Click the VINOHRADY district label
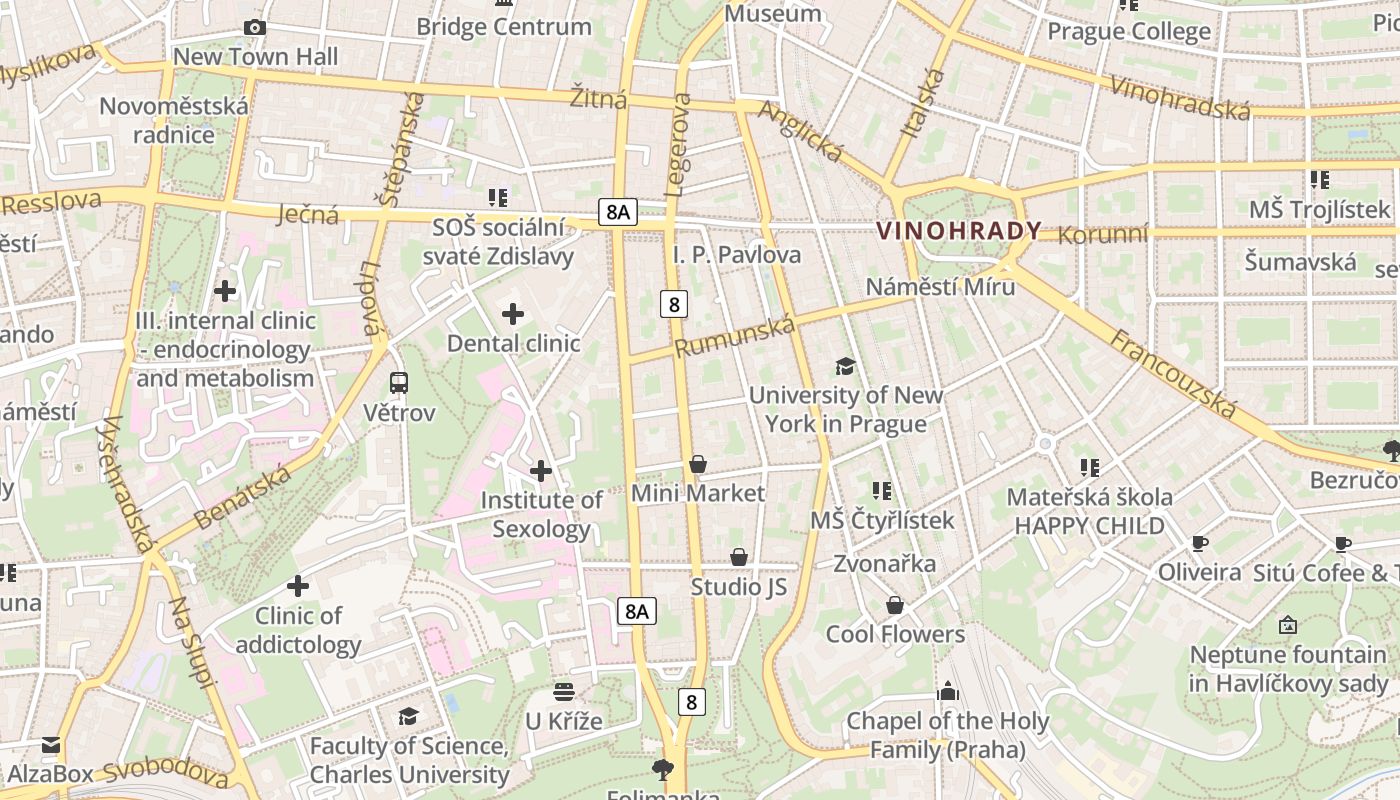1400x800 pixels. (958, 231)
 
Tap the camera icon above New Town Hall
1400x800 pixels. (255, 27)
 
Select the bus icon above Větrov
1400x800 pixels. (398, 382)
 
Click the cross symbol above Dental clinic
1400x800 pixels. (512, 314)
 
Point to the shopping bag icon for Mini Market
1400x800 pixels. (698, 464)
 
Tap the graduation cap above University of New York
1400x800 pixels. (845, 366)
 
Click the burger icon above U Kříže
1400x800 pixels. (564, 692)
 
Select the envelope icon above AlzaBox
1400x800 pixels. (50, 745)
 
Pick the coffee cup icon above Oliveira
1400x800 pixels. (1199, 544)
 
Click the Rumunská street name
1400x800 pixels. (735, 337)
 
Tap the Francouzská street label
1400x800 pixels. (1173, 374)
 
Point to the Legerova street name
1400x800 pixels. (678, 144)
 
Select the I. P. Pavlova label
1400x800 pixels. (737, 255)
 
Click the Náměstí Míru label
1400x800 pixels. (940, 287)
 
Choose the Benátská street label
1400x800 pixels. (245, 497)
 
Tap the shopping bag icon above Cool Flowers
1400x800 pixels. (895, 605)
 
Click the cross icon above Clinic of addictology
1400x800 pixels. (297, 586)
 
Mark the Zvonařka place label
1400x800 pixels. (885, 564)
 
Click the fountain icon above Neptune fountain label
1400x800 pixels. (1288, 626)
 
